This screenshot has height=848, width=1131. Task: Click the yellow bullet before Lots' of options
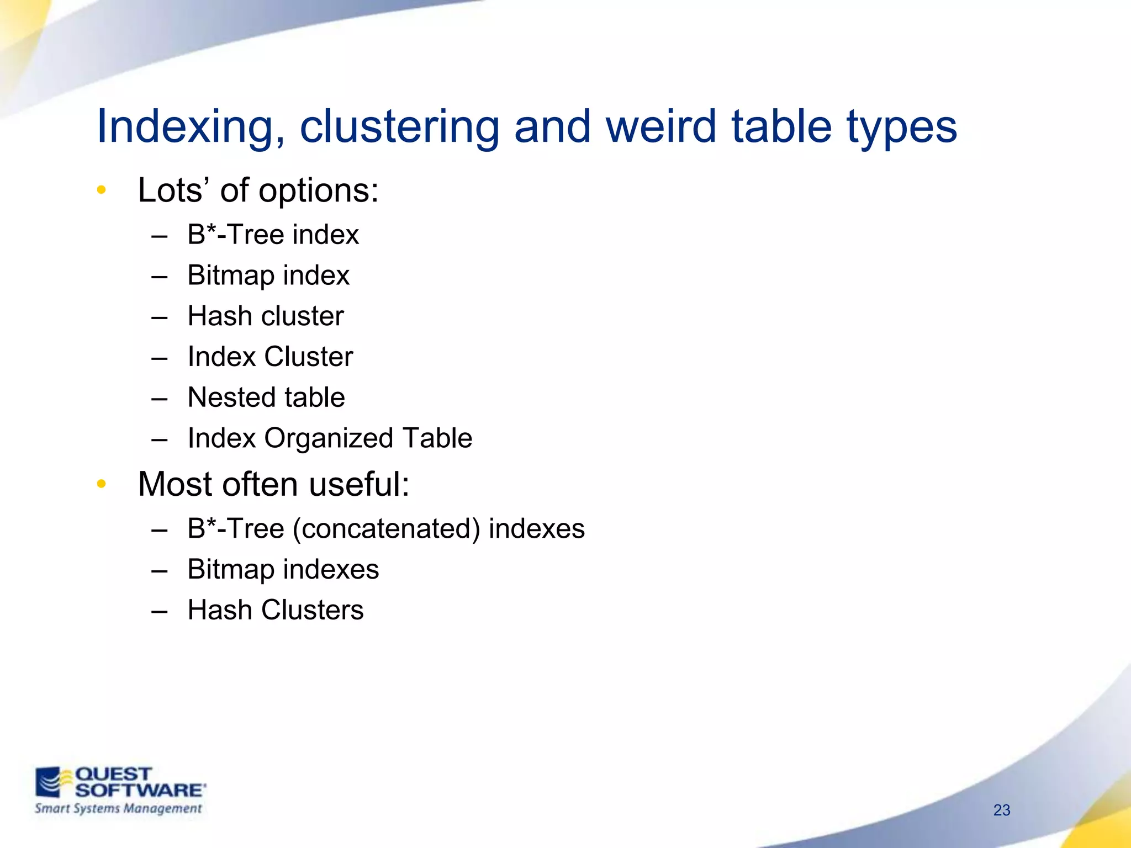tap(101, 190)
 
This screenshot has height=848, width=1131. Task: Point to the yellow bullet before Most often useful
tap(101, 484)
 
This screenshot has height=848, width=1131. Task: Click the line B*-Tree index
tap(273, 235)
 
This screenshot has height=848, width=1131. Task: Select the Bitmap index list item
tap(268, 275)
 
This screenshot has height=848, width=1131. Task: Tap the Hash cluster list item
tap(265, 316)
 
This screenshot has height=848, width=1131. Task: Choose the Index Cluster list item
tap(270, 357)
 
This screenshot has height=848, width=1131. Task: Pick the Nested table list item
tap(266, 397)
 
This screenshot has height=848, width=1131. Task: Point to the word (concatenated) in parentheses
tap(387, 529)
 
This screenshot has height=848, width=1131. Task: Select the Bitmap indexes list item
tap(283, 570)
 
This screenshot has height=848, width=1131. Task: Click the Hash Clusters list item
tap(276, 611)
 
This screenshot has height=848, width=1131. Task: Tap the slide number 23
tap(1001, 810)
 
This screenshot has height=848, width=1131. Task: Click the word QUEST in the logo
tap(113, 774)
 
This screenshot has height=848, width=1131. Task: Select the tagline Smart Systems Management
tap(118, 809)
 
